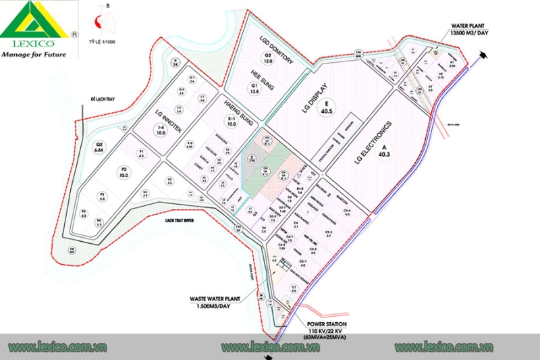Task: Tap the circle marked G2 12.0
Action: (x=268, y=58)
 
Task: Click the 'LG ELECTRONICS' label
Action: (x=373, y=143)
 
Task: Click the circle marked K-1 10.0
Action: (x=231, y=122)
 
